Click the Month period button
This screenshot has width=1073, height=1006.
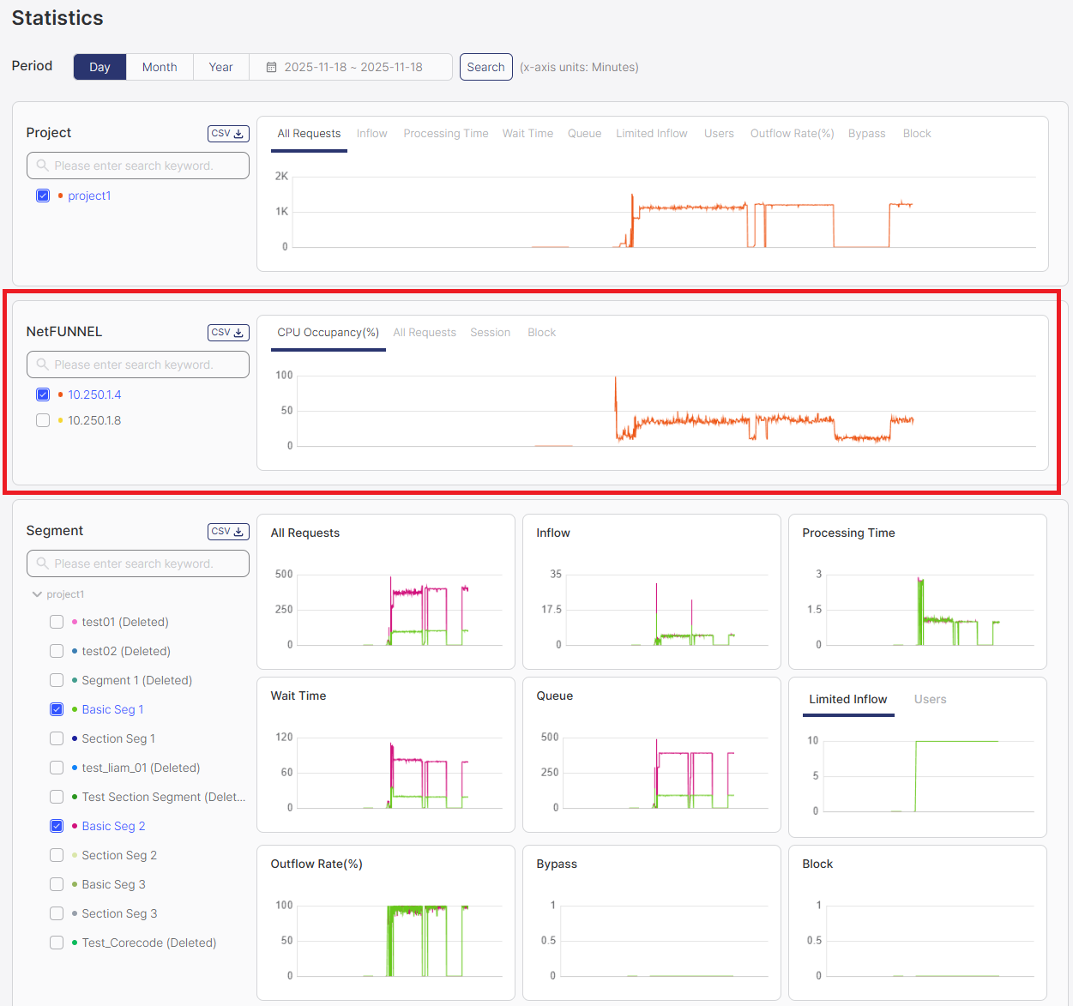pyautogui.click(x=160, y=67)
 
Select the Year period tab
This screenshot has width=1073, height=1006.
pyautogui.click(x=220, y=67)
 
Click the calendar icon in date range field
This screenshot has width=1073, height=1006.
pyautogui.click(x=271, y=67)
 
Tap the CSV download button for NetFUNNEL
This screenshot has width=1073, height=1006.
pyautogui.click(x=228, y=333)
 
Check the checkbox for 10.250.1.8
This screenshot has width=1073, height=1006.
pyautogui.click(x=43, y=420)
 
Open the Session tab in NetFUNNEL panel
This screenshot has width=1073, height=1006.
pyautogui.click(x=490, y=333)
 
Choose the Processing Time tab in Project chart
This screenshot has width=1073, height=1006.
pyautogui.click(x=445, y=134)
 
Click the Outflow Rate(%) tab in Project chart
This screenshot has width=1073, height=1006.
pyautogui.click(x=792, y=134)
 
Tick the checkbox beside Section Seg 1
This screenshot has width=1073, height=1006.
pyautogui.click(x=57, y=738)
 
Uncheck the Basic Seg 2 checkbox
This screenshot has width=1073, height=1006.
pyautogui.click(x=57, y=826)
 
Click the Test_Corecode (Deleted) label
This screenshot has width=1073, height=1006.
pyautogui.click(x=148, y=943)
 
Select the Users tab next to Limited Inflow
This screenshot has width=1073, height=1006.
pyautogui.click(x=930, y=700)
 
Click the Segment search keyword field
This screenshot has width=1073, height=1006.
pyautogui.click(x=138, y=563)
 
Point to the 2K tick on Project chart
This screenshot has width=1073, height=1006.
pyautogui.click(x=281, y=177)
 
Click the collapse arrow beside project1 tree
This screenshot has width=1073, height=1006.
pyautogui.click(x=37, y=594)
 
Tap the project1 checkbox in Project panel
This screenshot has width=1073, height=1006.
pyautogui.click(x=43, y=196)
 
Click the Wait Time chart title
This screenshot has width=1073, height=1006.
pyautogui.click(x=298, y=696)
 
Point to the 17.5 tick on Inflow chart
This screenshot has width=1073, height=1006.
pyautogui.click(x=551, y=610)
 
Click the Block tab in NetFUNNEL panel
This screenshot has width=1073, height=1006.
pyautogui.click(x=541, y=333)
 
